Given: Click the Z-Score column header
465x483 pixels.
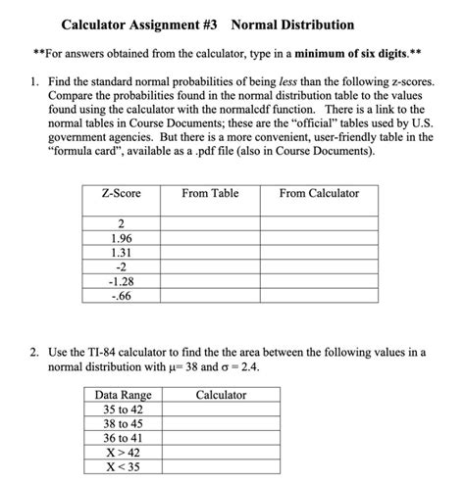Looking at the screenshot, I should tap(121, 194).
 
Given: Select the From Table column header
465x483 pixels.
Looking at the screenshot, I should tap(210, 194).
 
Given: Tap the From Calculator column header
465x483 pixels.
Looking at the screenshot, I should tap(319, 194).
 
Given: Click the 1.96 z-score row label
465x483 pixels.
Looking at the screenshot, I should tap(121, 237).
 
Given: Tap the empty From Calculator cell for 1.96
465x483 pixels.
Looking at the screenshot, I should tap(319, 237).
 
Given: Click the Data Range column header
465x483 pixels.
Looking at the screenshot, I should tap(123, 395).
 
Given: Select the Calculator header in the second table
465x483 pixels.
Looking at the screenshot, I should tap(221, 395).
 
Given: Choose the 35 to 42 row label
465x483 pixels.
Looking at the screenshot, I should tap(123, 411).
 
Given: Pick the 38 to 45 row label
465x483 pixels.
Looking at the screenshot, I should tap(123, 425).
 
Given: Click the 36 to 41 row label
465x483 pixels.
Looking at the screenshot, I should tap(123, 439).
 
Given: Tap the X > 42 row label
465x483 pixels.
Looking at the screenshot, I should tap(123, 453).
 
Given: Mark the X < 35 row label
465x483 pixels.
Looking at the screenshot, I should tap(123, 467).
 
